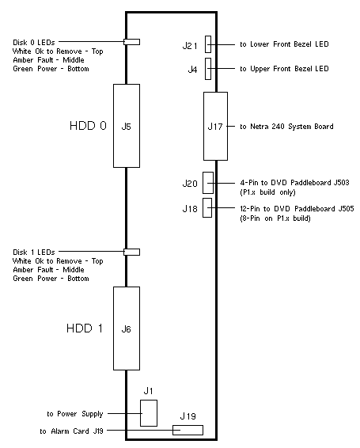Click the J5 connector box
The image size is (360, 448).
[127, 126]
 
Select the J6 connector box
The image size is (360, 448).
[127, 328]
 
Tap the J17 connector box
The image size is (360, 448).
[215, 126]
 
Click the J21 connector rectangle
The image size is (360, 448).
[208, 44]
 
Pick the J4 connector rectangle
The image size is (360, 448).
[208, 69]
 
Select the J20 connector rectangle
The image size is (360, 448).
[208, 183]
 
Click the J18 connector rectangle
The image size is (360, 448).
[207, 207]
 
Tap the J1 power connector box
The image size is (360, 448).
[149, 413]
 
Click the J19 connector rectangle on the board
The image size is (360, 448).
[188, 430]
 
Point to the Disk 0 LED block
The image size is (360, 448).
[131, 42]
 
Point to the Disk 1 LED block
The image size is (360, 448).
[131, 252]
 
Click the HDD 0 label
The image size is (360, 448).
[88, 126]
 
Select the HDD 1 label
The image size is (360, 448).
[85, 328]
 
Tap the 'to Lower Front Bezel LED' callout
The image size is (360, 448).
[284, 44]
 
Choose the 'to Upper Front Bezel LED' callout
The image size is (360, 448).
[284, 69]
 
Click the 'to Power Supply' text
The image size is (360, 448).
[75, 414]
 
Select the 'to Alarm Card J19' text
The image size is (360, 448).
[71, 431]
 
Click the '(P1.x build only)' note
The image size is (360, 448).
[267, 192]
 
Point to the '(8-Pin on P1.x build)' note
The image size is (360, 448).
[275, 218]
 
